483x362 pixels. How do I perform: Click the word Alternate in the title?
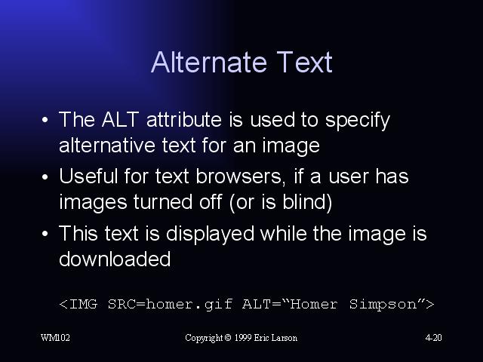(x=208, y=62)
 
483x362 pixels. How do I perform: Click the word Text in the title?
(x=304, y=62)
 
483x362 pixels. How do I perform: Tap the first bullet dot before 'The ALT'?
(x=45, y=120)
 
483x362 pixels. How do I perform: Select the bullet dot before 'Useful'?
(x=45, y=177)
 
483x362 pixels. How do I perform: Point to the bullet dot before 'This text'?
(x=45, y=234)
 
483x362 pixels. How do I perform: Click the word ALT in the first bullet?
(x=120, y=119)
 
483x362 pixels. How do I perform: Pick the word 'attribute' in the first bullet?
(x=184, y=119)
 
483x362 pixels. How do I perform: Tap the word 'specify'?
(x=358, y=121)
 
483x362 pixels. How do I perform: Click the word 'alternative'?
(x=107, y=145)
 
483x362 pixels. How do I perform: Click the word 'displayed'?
(x=210, y=235)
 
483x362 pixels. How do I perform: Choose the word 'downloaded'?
(x=115, y=259)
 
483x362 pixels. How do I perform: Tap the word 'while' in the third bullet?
(x=284, y=233)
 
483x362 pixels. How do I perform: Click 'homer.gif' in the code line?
(x=189, y=305)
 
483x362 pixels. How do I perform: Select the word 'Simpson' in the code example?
(x=383, y=305)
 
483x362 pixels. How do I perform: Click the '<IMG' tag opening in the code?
(x=78, y=304)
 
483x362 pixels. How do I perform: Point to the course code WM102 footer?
(x=55, y=338)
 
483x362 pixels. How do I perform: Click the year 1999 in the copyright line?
(x=243, y=338)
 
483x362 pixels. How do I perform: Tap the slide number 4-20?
(x=433, y=338)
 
